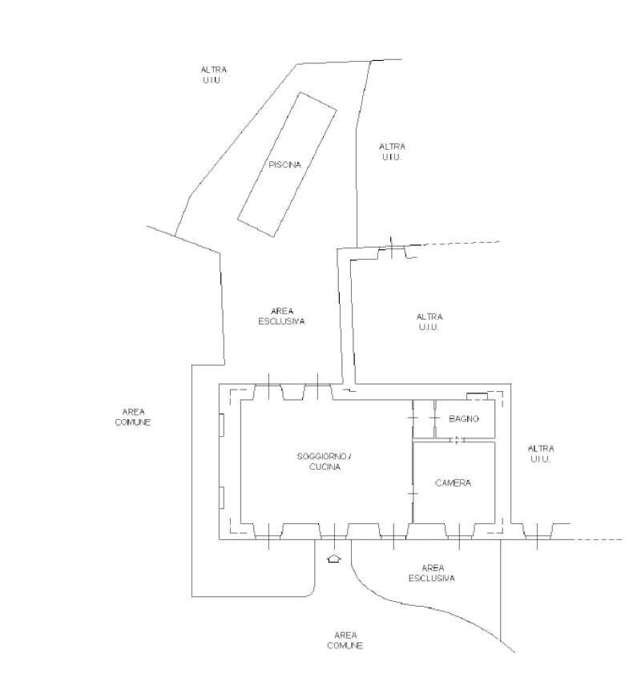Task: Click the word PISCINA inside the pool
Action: [x=285, y=165]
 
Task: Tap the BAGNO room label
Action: [x=464, y=418]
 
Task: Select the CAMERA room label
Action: [x=453, y=483]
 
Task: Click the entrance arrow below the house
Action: [x=334, y=558]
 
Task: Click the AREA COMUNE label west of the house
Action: [x=133, y=417]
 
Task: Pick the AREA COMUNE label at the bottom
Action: [x=345, y=640]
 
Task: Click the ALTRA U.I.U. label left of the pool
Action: [x=213, y=75]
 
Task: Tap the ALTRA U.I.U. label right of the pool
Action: [x=392, y=151]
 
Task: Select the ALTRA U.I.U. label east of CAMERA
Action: [x=542, y=454]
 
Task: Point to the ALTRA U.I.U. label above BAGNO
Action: [x=429, y=321]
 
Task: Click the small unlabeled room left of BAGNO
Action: [x=423, y=418]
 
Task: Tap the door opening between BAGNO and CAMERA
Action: [x=456, y=439]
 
